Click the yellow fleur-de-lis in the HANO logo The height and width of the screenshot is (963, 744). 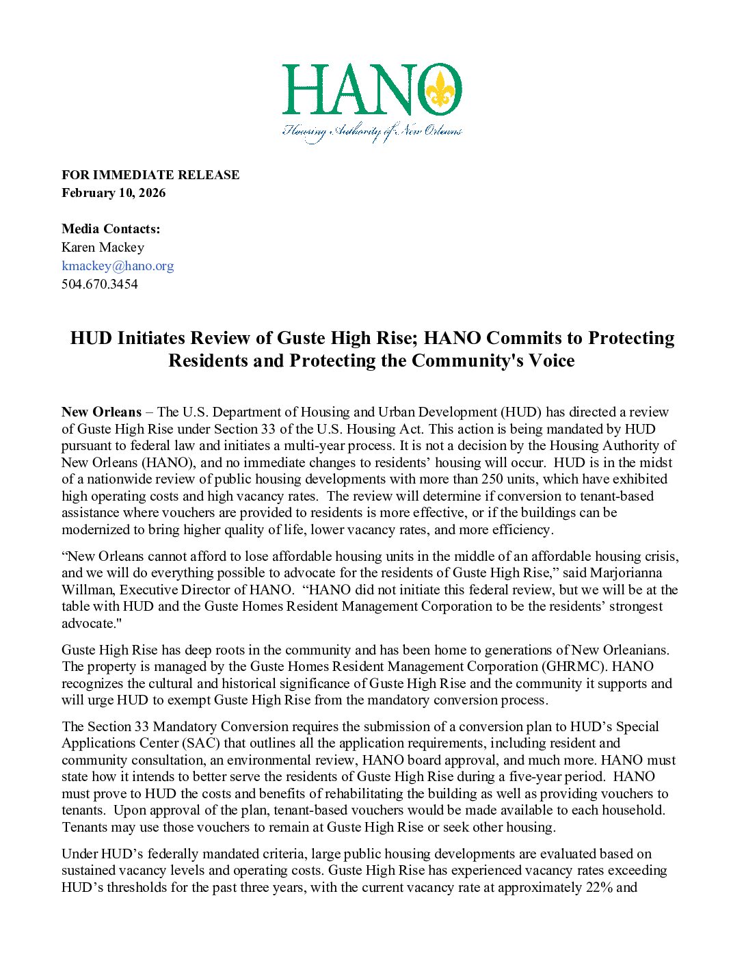coord(440,90)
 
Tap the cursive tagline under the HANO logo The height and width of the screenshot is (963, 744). coord(373,131)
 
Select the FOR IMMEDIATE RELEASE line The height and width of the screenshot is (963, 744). coord(150,175)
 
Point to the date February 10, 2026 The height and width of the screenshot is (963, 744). coord(114,193)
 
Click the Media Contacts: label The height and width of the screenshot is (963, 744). coord(111,229)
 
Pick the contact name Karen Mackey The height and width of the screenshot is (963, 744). coord(103,248)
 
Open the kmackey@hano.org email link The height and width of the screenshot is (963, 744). coord(118,265)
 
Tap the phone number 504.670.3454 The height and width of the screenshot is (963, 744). coord(100,284)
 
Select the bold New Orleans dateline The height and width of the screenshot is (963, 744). coord(101,412)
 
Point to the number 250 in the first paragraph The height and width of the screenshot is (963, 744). coord(492,479)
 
